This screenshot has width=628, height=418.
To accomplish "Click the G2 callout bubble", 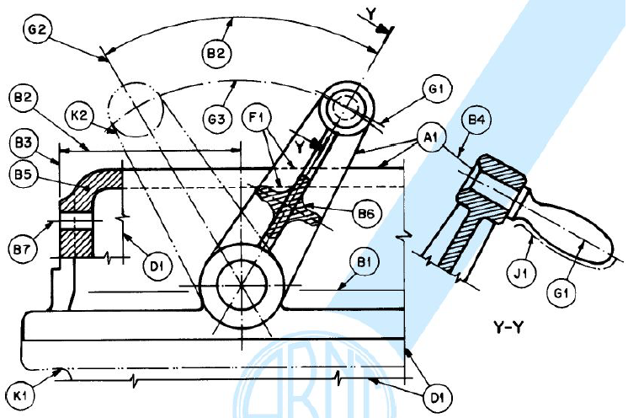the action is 37,29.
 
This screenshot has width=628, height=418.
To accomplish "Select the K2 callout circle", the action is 79,115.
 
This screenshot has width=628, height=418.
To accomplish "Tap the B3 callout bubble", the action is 23,142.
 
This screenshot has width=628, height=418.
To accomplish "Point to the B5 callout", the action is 23,174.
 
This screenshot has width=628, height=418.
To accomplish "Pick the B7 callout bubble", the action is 22,249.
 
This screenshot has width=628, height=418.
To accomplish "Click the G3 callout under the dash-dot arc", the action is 216,119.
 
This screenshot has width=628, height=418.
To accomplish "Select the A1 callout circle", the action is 430,138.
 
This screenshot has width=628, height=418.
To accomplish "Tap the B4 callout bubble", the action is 476,120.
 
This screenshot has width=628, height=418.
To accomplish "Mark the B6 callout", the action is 365,213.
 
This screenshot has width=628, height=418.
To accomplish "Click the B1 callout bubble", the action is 364,262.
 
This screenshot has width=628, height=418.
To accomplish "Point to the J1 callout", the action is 521,273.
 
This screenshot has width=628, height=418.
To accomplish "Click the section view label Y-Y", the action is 508,328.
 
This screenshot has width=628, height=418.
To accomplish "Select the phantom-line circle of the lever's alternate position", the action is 136,110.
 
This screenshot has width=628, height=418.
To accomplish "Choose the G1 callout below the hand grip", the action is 561,293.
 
